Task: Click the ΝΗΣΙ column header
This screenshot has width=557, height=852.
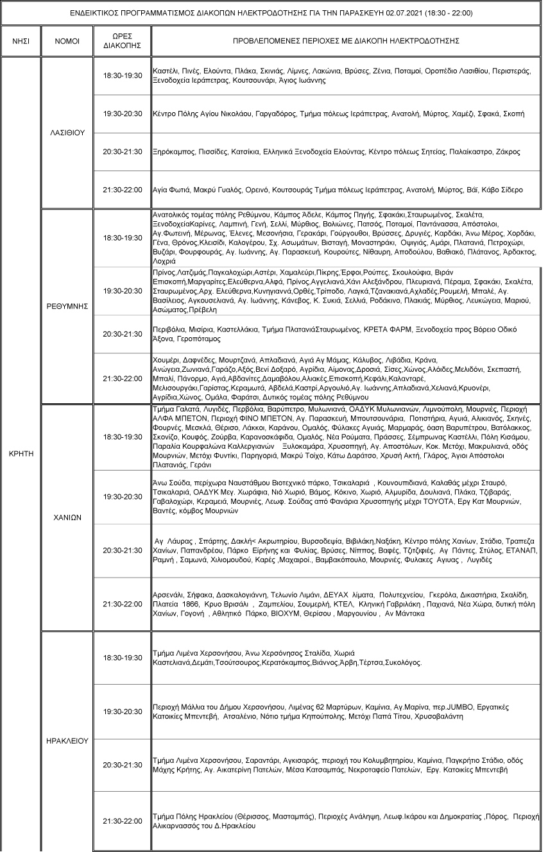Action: (21, 40)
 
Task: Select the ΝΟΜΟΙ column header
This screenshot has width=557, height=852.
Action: (67, 40)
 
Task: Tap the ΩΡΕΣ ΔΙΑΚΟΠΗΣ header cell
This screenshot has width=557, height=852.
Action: (122, 40)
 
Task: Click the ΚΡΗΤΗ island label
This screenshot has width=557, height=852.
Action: (21, 452)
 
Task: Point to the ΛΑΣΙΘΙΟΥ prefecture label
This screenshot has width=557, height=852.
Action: (67, 133)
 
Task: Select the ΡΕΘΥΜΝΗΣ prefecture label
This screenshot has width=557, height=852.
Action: (67, 306)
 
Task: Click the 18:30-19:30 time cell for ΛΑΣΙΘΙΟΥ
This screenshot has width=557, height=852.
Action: (122, 76)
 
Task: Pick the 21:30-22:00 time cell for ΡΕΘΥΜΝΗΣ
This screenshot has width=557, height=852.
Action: (122, 379)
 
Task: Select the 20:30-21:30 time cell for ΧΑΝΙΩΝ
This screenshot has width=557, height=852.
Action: (122, 551)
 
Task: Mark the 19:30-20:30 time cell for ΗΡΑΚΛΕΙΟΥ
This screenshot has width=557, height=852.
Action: (122, 712)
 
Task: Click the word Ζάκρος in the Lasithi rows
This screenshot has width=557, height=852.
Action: (507, 152)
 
